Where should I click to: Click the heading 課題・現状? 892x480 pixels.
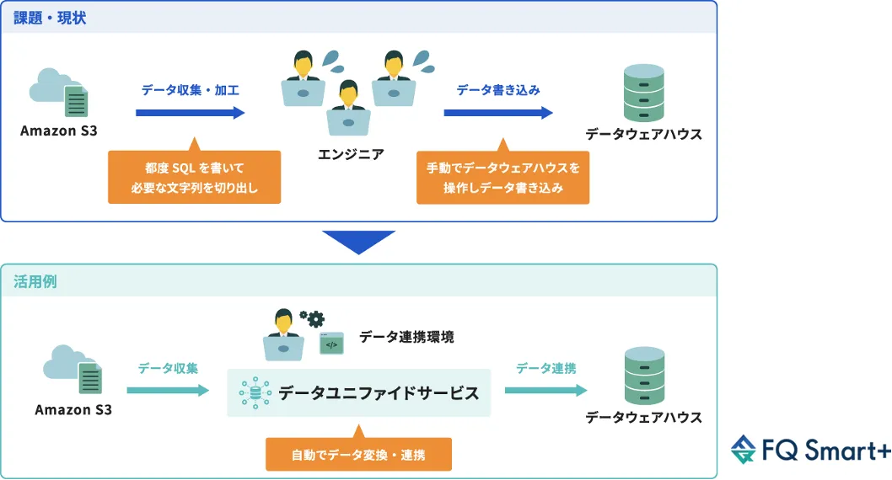pos(50,17)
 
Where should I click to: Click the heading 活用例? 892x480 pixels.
pos(35,281)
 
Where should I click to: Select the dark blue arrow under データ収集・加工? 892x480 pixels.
pos(190,112)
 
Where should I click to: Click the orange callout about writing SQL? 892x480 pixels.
pos(194,178)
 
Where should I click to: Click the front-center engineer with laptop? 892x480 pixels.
pos(348,109)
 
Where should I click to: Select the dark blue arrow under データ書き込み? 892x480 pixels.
pos(498,112)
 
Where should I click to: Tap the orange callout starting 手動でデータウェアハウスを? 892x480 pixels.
pos(502,178)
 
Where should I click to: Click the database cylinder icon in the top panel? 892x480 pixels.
pos(643,93)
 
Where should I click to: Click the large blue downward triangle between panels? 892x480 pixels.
pos(358,242)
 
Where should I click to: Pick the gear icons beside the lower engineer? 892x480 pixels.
pos(312,317)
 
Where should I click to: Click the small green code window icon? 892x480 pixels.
pos(331,343)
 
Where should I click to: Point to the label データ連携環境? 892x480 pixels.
pos(406,338)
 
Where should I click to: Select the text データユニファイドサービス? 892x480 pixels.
pos(379,393)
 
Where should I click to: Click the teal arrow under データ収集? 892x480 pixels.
pos(168,390)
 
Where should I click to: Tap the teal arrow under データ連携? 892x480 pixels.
pos(545,390)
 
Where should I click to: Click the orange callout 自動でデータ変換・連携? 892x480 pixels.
pos(358,455)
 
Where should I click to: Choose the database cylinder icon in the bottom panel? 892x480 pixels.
pos(643,376)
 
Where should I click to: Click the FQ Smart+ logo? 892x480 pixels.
pos(810,451)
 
